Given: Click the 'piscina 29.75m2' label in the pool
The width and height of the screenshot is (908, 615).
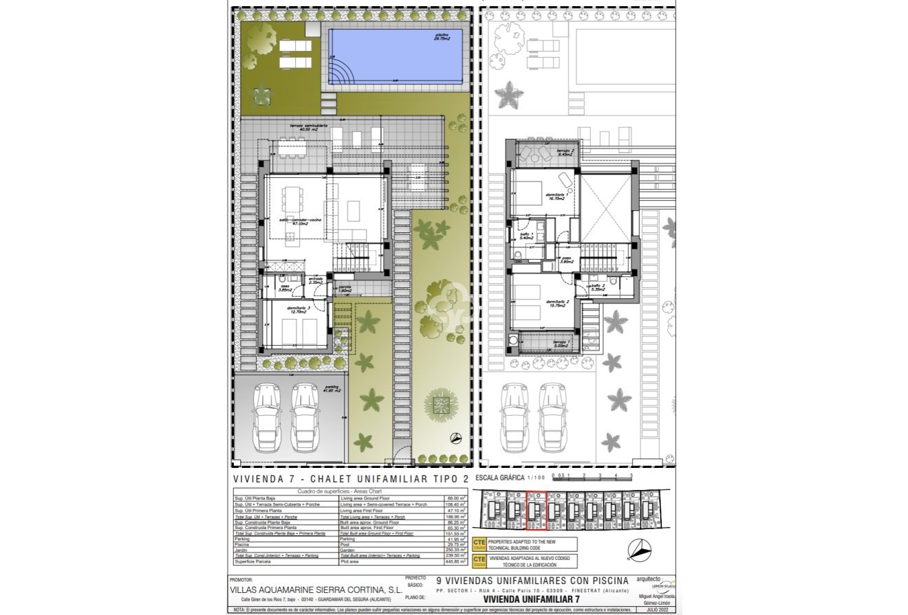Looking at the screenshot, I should click(x=442, y=37).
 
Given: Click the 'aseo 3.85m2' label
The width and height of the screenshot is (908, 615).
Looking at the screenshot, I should click(x=284, y=289).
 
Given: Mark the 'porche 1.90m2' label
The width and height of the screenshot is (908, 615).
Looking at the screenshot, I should click(x=345, y=289).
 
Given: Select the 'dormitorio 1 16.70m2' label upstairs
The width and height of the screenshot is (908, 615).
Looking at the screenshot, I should click(x=556, y=197).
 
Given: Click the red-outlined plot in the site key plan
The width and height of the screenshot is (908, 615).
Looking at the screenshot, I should click(x=536, y=511).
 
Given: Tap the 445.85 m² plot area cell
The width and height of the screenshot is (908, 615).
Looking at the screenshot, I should click(x=456, y=561).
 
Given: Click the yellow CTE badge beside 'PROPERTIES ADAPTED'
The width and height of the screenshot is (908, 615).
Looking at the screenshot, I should click(x=479, y=544).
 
